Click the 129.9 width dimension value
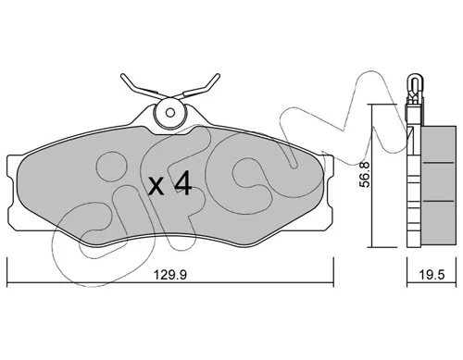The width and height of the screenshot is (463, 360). pyautogui.click(x=170, y=275)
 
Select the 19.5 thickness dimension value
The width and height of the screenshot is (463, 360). pyautogui.click(x=432, y=275)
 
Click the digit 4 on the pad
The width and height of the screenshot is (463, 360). pyautogui.click(x=183, y=184)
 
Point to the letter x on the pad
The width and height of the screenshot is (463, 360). pyautogui.click(x=156, y=187)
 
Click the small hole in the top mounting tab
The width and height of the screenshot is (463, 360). pyautogui.click(x=169, y=112)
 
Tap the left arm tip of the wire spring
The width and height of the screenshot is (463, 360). pyautogui.click(x=122, y=76)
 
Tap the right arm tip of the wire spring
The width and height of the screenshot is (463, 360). pyautogui.click(x=218, y=76)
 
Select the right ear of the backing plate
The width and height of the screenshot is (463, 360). pyautogui.click(x=328, y=192)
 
